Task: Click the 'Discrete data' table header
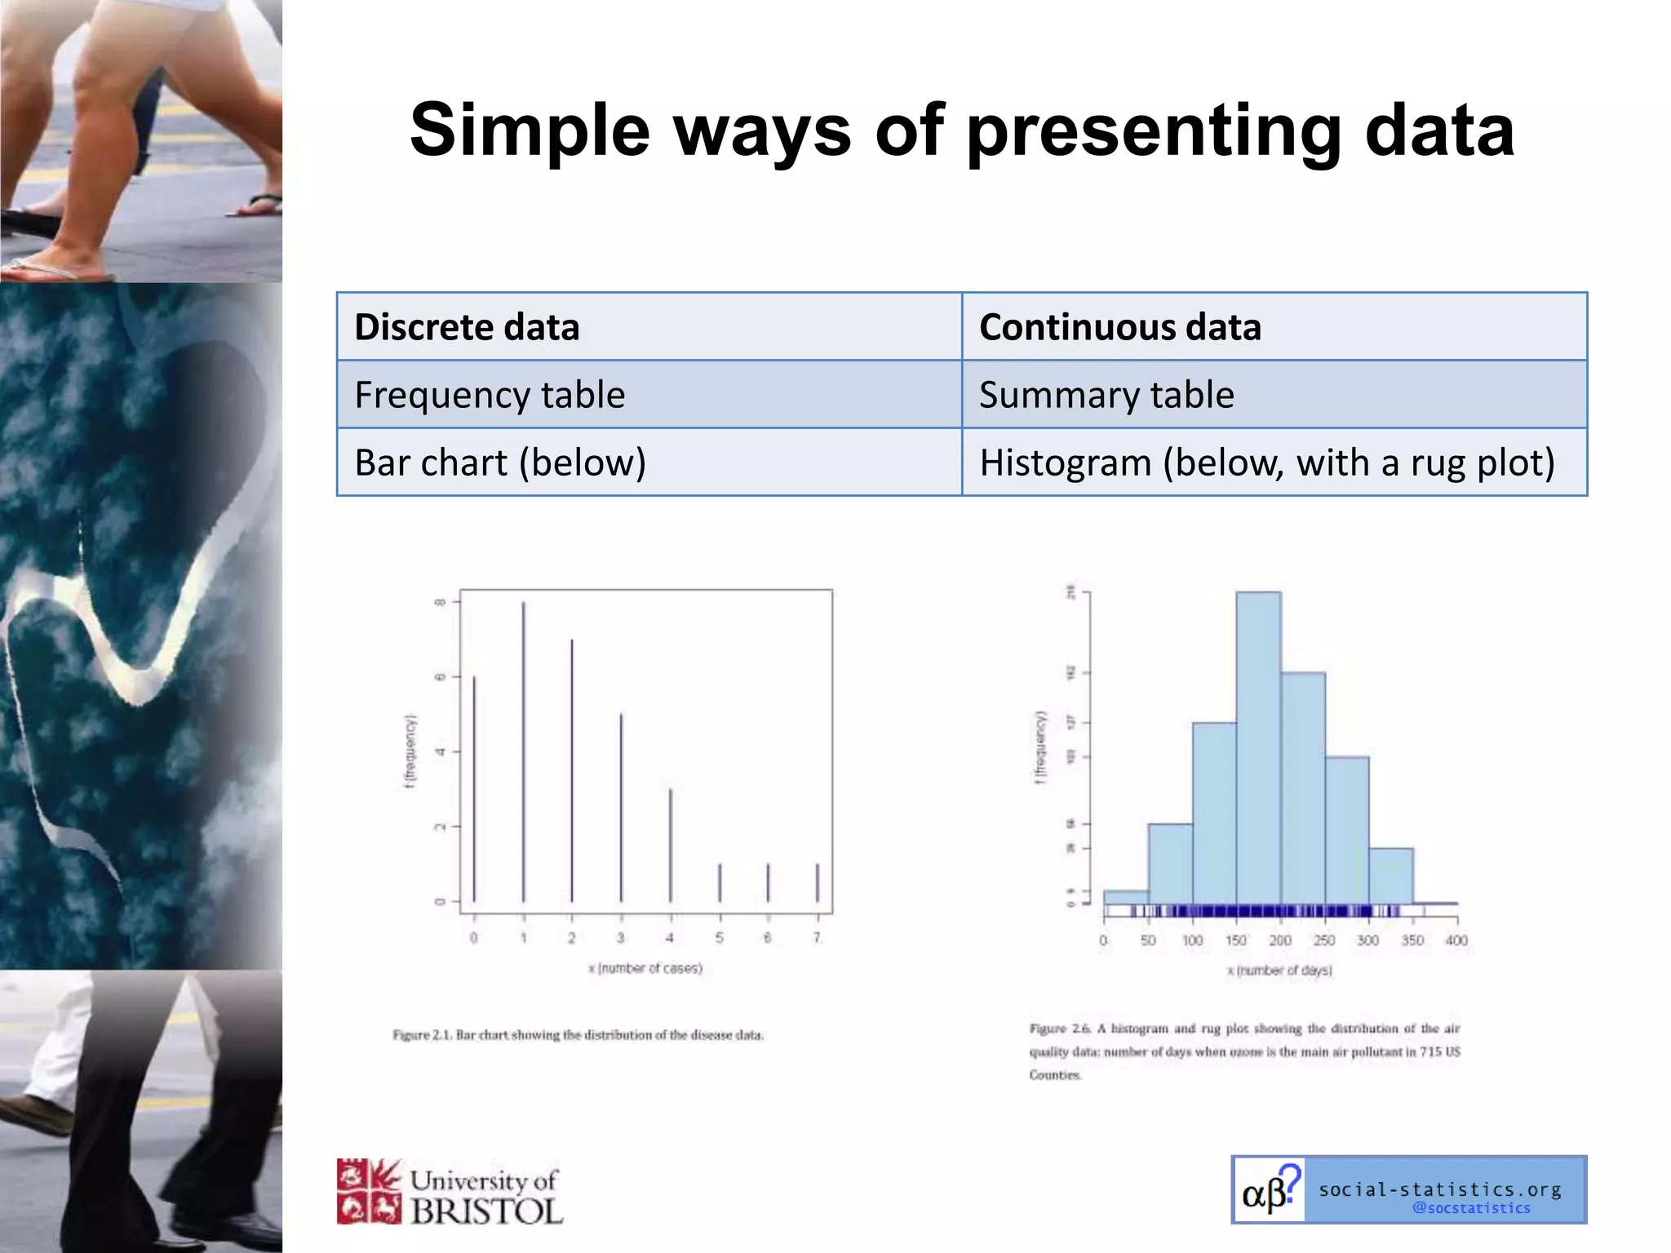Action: [x=467, y=327]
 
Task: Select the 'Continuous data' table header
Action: [x=1119, y=327]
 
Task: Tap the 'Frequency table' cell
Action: [x=490, y=395]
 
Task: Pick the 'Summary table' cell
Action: [x=1106, y=395]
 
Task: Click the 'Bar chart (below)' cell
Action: [x=500, y=463]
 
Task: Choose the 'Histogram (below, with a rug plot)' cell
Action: [x=1266, y=463]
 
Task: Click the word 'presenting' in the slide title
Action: [x=1154, y=131]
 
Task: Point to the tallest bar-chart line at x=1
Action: [x=523, y=750]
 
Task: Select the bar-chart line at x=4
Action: [x=671, y=844]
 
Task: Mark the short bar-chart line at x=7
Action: [x=818, y=883]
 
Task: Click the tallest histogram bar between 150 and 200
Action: [x=1258, y=746]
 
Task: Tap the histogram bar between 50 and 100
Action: [x=1170, y=863]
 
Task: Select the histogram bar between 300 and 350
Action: [x=1390, y=875]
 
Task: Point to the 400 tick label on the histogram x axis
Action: [x=1456, y=941]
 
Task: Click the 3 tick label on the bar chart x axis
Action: [x=621, y=938]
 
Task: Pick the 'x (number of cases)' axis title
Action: [x=645, y=968]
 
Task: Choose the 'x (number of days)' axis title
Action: [x=1279, y=970]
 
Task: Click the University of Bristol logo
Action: [x=450, y=1192]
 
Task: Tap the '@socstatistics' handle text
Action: [x=1471, y=1208]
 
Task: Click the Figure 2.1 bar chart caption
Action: [x=578, y=1035]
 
